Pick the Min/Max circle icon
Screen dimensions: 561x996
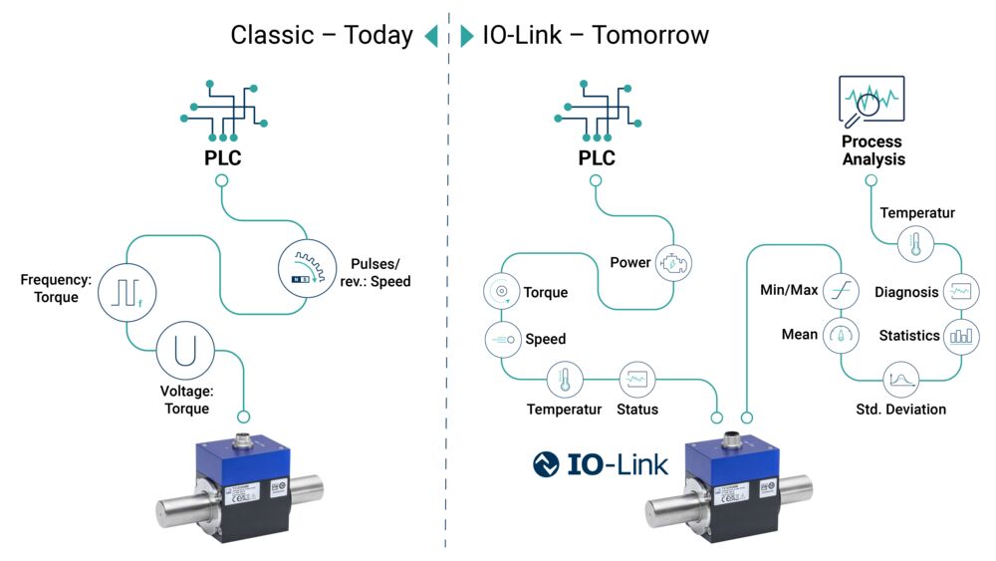click(x=842, y=291)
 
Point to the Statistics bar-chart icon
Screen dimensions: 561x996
click(x=960, y=336)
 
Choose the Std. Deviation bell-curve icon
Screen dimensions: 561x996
click(x=901, y=381)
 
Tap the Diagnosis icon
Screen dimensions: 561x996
click(x=960, y=291)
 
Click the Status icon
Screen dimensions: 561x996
click(x=637, y=380)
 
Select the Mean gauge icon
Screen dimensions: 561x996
click(x=842, y=336)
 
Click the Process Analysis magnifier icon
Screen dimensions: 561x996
click(x=871, y=104)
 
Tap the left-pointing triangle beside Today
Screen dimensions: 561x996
click(x=431, y=37)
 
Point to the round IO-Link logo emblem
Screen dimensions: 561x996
click(x=547, y=464)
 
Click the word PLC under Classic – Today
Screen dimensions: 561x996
click(x=222, y=157)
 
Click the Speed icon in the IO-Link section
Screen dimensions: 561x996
click(x=502, y=339)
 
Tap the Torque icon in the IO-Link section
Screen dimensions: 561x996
click(x=502, y=292)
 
